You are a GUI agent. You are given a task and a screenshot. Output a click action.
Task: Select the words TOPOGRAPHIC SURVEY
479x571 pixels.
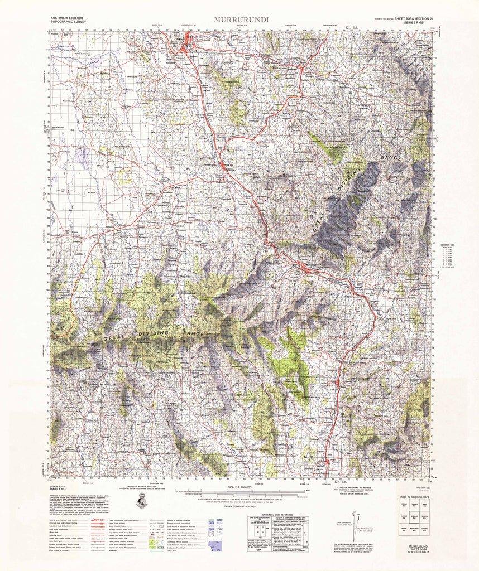tap(65, 23)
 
